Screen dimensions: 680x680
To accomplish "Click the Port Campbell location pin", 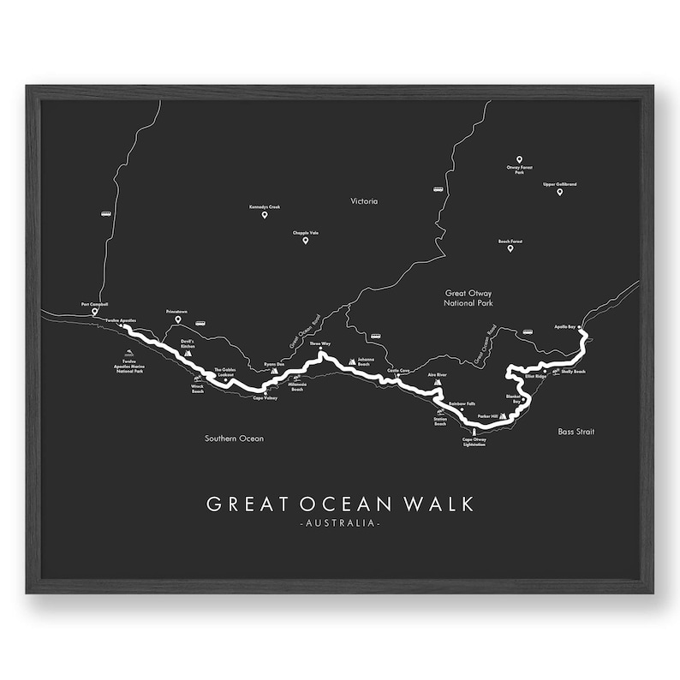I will coord(95,313).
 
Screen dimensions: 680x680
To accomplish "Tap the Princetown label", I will coord(178,313).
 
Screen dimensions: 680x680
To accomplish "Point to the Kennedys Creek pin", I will coord(265,215).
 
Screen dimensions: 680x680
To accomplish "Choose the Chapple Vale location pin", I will coord(305,241).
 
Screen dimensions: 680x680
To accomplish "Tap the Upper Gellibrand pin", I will coord(560,192).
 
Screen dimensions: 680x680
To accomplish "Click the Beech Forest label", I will coord(510,242).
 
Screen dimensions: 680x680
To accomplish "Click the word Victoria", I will coord(364,201).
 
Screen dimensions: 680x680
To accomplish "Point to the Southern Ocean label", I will coord(234,438).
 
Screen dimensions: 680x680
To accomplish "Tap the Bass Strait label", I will coord(576,432).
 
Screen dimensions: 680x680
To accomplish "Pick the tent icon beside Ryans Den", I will coord(274,370).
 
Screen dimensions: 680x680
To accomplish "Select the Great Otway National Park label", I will coord(468,298).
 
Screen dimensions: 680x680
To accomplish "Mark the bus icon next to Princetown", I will coord(200,324).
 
